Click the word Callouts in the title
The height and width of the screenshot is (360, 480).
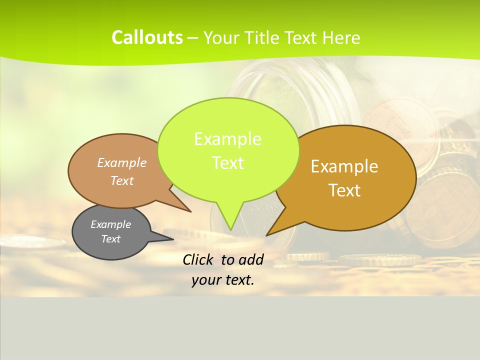coord(147,37)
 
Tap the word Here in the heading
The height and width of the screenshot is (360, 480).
coord(341,37)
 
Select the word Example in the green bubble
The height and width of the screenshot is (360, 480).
coord(227,139)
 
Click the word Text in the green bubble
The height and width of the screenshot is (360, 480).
coord(227,163)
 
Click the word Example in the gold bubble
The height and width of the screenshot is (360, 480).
coord(344,166)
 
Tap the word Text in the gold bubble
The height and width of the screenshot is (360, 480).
coord(344,190)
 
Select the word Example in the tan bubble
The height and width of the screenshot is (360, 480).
coord(122,163)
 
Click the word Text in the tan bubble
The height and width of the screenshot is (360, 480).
coord(122,181)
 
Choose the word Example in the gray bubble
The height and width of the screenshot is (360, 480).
coord(110,224)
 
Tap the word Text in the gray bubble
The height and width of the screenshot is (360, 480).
coord(110,239)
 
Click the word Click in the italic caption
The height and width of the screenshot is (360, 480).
coord(199,259)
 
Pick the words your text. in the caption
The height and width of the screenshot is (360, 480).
coord(223,280)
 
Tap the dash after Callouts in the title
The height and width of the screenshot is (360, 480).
coord(193,38)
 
